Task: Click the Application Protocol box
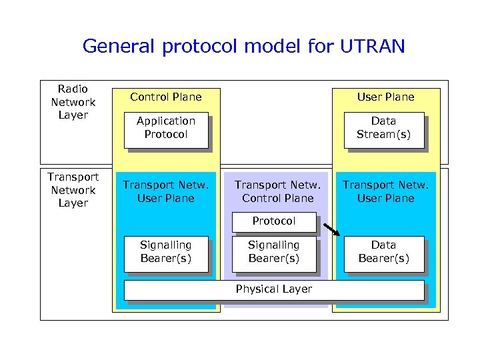(166, 128)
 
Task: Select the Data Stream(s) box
(383, 128)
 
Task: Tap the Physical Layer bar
(273, 289)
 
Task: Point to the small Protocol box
(273, 221)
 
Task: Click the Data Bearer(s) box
(383, 253)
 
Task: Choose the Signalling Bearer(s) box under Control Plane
(166, 253)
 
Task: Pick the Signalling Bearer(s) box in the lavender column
(273, 253)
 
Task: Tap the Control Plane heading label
(166, 97)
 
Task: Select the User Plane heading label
(385, 97)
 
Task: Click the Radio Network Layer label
(73, 102)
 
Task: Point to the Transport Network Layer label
(73, 190)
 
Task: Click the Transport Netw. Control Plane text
(277, 192)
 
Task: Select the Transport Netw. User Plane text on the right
(385, 192)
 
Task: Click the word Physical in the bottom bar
(257, 289)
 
